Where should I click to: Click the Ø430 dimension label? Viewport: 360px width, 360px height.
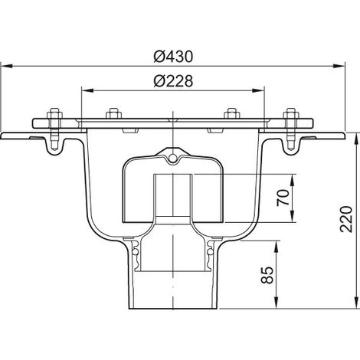point(173,57)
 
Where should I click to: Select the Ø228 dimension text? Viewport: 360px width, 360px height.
point(173,81)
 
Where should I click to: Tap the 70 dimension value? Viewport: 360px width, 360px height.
point(283,198)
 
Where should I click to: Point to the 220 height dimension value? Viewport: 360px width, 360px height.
point(346,219)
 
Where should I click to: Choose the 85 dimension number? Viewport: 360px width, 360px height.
point(267,275)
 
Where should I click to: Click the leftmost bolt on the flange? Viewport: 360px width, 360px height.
point(54,129)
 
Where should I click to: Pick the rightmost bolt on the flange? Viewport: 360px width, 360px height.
point(290,129)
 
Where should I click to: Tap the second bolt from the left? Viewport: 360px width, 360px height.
point(114,113)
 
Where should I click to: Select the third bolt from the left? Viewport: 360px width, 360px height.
point(231,113)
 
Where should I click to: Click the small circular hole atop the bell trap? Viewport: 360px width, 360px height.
point(173,158)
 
